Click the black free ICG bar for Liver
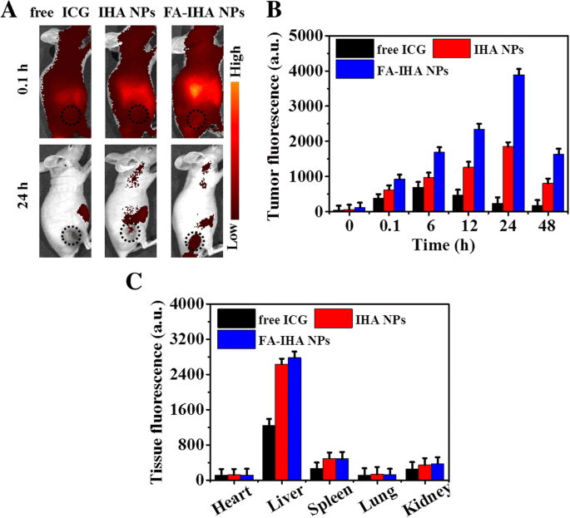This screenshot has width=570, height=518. (x=269, y=452)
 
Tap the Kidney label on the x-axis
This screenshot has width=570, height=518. (x=428, y=500)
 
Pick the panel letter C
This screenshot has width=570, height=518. (x=134, y=281)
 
